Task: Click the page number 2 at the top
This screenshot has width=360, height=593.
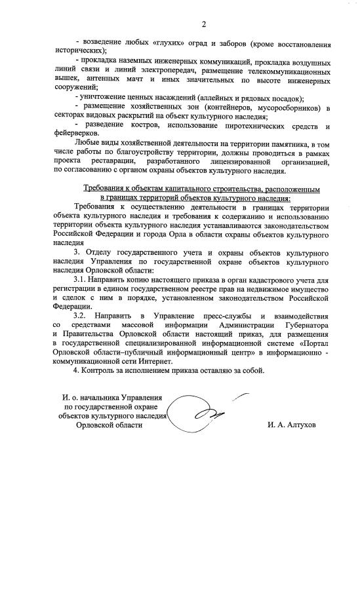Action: click(x=203, y=24)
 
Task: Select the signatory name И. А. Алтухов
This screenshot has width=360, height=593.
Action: click(x=291, y=425)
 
